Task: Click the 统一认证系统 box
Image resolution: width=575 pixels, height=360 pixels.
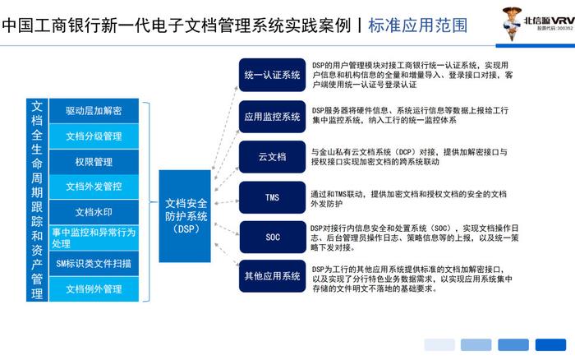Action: [x=272, y=75]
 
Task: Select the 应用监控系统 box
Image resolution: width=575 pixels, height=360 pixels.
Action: [x=272, y=117]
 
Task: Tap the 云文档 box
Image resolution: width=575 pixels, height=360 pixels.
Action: [x=272, y=157]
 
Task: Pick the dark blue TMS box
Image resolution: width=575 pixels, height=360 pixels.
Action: [x=272, y=197]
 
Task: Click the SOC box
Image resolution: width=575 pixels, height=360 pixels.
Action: [x=273, y=237]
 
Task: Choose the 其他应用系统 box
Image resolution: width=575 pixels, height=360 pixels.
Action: [x=272, y=276]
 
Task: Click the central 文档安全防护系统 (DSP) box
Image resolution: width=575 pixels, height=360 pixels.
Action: [x=185, y=216]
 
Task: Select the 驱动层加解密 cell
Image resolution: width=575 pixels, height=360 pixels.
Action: [x=94, y=111]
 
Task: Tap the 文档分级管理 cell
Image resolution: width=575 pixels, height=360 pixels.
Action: [x=94, y=136]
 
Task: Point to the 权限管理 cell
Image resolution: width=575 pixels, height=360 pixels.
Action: [x=94, y=162]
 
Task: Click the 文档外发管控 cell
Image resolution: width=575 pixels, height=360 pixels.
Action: [x=94, y=187]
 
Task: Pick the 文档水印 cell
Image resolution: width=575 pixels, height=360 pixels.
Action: [x=94, y=212]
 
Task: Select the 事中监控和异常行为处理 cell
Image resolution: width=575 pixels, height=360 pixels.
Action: [x=94, y=238]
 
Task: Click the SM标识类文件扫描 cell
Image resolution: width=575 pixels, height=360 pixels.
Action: [x=94, y=264]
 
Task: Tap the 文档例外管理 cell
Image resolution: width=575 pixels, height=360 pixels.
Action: [x=94, y=288]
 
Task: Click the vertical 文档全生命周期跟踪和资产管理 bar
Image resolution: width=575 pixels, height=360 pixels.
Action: [x=37, y=200]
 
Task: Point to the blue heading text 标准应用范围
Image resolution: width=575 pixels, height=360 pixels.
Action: [x=417, y=25]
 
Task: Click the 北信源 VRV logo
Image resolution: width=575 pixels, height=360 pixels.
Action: [x=538, y=23]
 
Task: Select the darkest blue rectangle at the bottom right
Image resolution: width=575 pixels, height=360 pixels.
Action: [x=550, y=345]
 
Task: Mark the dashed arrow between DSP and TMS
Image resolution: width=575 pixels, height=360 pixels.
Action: [x=226, y=202]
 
